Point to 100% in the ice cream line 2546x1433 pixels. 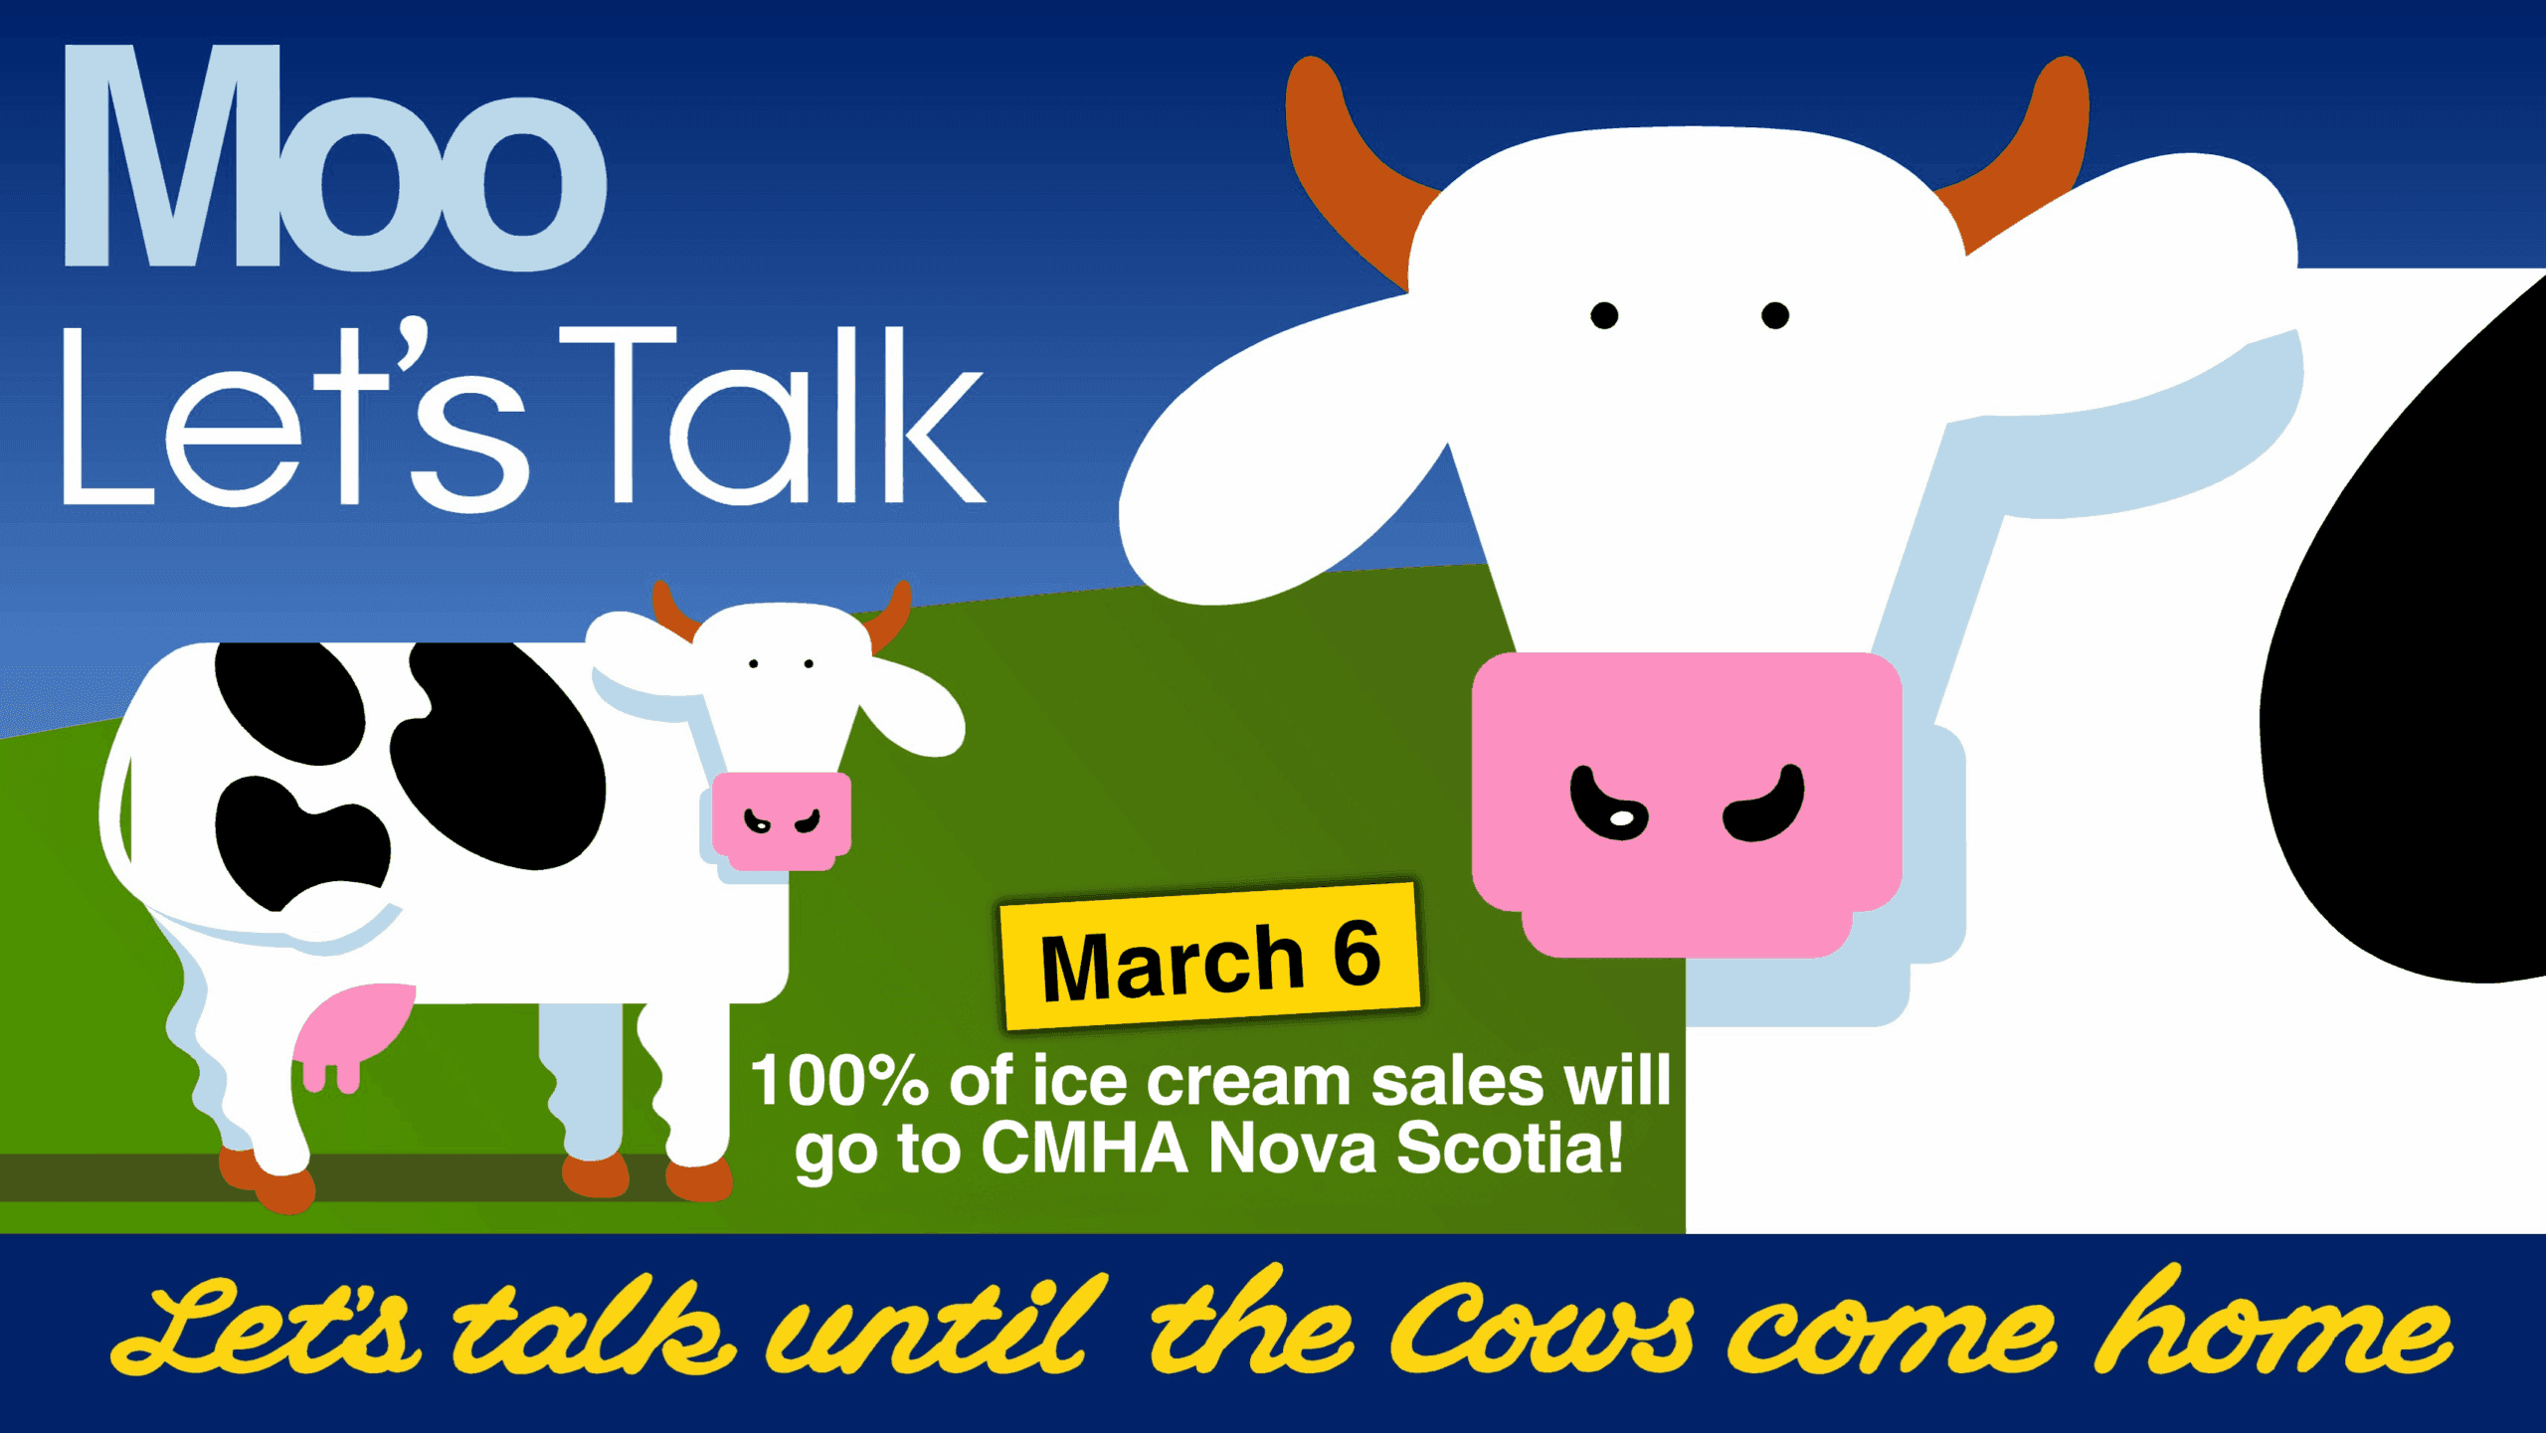840,1081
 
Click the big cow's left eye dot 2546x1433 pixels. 1604,315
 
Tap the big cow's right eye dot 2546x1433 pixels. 1775,315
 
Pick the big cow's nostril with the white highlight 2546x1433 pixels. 1606,806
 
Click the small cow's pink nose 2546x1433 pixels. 782,820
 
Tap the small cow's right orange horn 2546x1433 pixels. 889,614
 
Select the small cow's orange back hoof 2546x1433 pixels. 267,1181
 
